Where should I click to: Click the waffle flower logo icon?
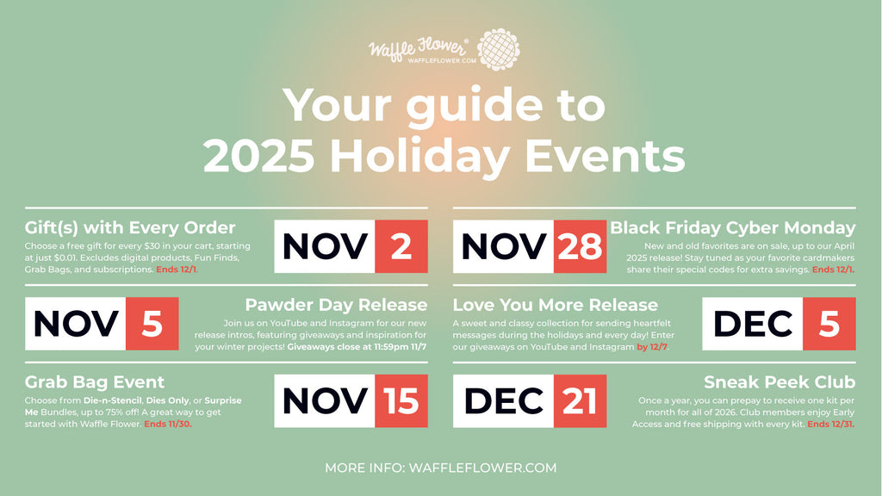498,50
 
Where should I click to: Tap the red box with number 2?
401,246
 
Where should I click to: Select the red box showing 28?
580,246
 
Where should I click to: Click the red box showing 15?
401,401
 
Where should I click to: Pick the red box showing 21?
580,401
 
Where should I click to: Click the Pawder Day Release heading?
336,305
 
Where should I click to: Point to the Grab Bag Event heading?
95,381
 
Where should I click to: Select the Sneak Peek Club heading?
779,381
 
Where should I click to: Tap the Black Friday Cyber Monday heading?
732,227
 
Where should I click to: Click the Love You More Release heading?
555,305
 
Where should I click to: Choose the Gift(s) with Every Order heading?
130,227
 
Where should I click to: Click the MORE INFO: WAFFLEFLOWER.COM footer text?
440,468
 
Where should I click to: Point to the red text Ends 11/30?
168,424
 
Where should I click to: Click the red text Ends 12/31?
830,424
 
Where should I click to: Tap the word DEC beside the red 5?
753,324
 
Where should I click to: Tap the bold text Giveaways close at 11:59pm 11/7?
357,346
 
